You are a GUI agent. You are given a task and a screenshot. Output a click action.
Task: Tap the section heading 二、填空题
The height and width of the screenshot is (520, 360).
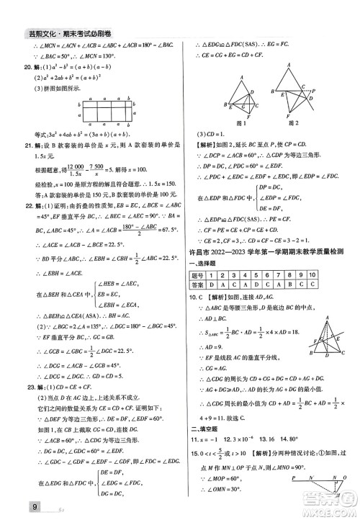click(205, 429)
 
